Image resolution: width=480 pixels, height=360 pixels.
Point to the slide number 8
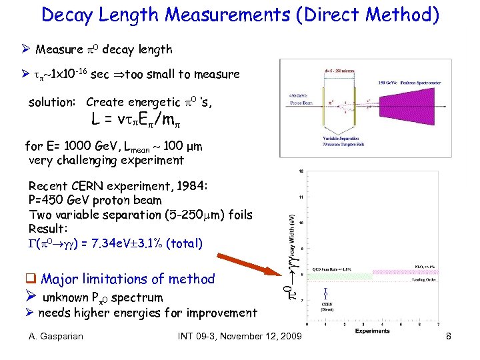[x=449, y=336]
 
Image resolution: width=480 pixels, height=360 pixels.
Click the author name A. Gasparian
[x=56, y=336]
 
